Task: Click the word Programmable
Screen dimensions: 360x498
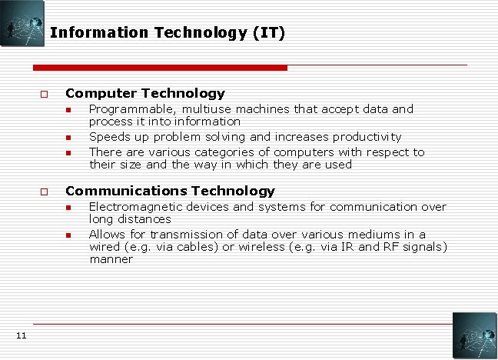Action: pyautogui.click(x=131, y=109)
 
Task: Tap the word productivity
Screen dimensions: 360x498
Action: pyautogui.click(x=367, y=137)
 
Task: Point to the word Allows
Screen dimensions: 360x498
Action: pyautogui.click(x=107, y=234)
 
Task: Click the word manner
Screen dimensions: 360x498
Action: pyautogui.click(x=111, y=259)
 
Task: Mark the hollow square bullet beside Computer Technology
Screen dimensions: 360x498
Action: pyautogui.click(x=45, y=94)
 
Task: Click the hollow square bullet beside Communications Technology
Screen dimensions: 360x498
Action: pyautogui.click(x=45, y=191)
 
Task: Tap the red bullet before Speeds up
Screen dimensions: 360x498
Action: pyautogui.click(x=68, y=138)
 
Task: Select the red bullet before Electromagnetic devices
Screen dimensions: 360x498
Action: pyautogui.click(x=68, y=207)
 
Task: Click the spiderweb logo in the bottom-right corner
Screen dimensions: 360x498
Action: pyautogui.click(x=474, y=335)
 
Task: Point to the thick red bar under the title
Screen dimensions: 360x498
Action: pyautogui.click(x=161, y=68)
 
